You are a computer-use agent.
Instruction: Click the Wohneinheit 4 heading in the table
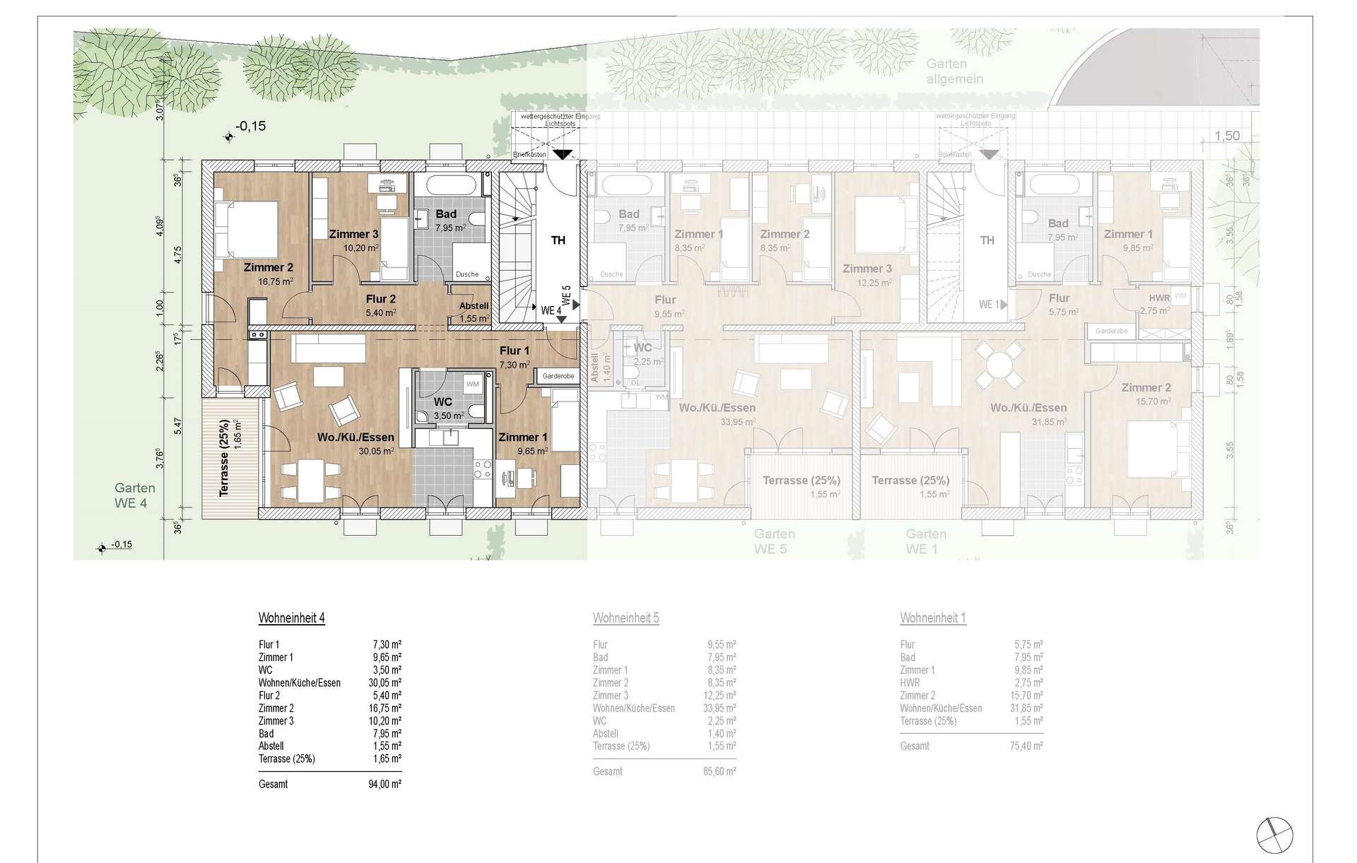pyautogui.click(x=291, y=618)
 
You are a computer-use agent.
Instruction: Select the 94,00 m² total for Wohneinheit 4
pyautogui.click(x=386, y=784)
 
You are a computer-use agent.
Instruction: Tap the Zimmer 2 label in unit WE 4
pyautogui.click(x=268, y=268)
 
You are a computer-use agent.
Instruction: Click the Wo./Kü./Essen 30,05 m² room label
pyautogui.click(x=355, y=438)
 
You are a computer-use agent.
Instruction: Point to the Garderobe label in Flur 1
pyautogui.click(x=558, y=377)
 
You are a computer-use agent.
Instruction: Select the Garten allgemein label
pyautogui.click(x=954, y=71)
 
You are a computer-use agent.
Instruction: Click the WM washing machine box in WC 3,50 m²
pyautogui.click(x=471, y=384)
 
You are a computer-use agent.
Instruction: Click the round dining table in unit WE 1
pyautogui.click(x=998, y=365)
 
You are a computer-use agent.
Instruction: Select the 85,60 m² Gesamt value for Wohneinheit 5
pyautogui.click(x=722, y=772)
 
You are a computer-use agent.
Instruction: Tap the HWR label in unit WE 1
pyautogui.click(x=1159, y=298)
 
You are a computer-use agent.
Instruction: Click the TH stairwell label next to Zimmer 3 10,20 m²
pyautogui.click(x=558, y=240)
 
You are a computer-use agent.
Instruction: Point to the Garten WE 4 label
pyautogui.click(x=134, y=495)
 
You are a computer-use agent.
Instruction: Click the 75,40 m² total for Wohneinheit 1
pyautogui.click(x=1028, y=746)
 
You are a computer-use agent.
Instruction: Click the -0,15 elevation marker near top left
pyautogui.click(x=250, y=127)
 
